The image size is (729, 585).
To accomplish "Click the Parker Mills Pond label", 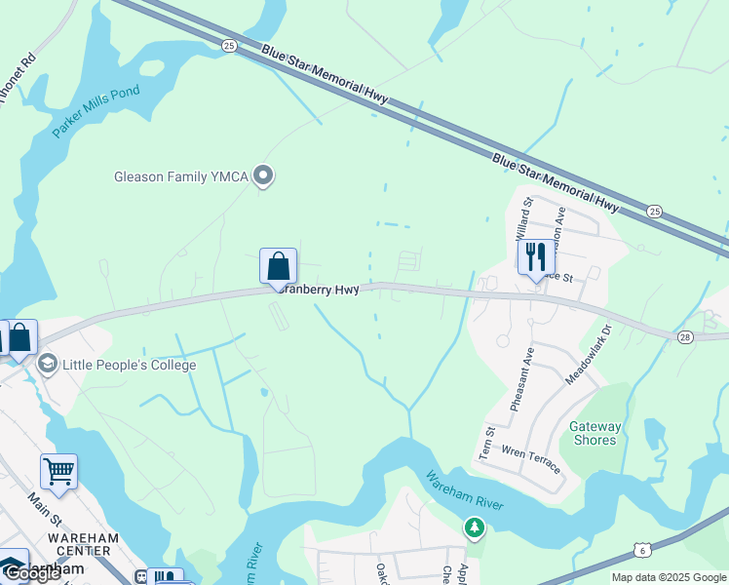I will (96, 111).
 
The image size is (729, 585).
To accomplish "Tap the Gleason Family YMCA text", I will (173, 176).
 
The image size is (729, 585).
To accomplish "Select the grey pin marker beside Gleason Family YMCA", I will (262, 175).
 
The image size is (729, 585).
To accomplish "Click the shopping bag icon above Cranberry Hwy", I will (278, 266).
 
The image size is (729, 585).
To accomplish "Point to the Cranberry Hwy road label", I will (319, 289).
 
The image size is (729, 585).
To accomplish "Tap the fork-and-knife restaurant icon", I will (535, 257).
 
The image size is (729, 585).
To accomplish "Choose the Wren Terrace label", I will (531, 459).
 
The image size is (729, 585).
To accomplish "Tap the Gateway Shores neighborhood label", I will (595, 433).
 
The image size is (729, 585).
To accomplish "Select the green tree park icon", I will (475, 527).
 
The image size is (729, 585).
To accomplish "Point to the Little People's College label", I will (130, 366).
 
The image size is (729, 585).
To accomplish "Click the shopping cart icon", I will (58, 472).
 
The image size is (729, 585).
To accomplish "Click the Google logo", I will (32, 573).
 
